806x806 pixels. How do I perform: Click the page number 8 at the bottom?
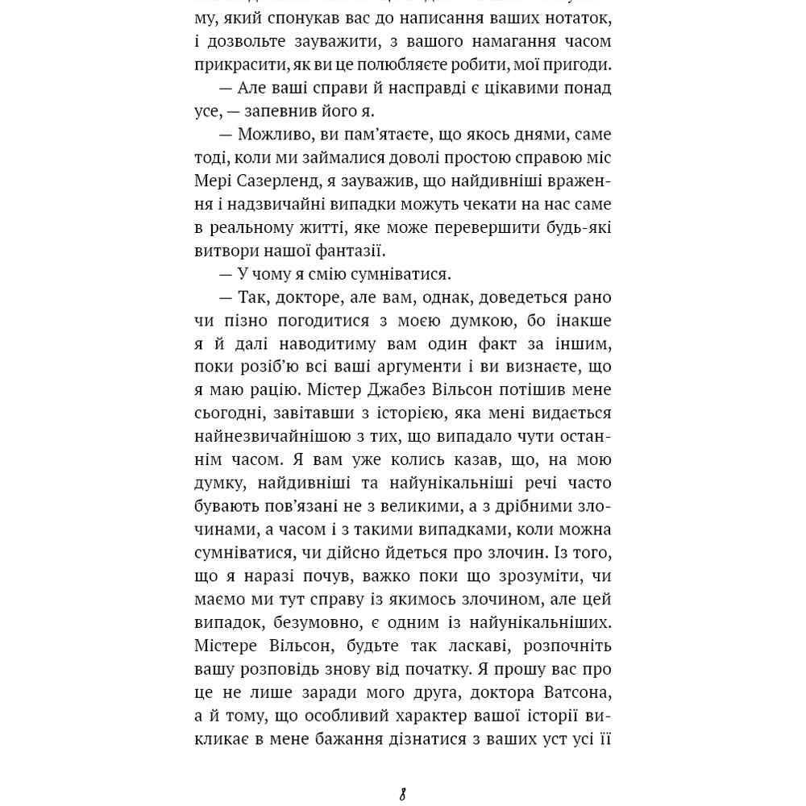(x=402, y=795)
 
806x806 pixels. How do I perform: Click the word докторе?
(x=307, y=297)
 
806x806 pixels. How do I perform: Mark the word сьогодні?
(x=229, y=413)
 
